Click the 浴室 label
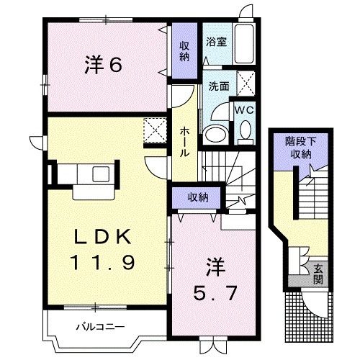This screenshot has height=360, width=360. pyautogui.click(x=217, y=41)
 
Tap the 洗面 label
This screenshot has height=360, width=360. pyautogui.click(x=219, y=85)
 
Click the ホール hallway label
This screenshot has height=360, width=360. pyautogui.click(x=184, y=140)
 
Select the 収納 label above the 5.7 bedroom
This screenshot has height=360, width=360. pyautogui.click(x=199, y=197)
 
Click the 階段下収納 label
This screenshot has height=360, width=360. pyautogui.click(x=298, y=148)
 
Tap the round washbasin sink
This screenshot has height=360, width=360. pyautogui.click(x=215, y=133)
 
